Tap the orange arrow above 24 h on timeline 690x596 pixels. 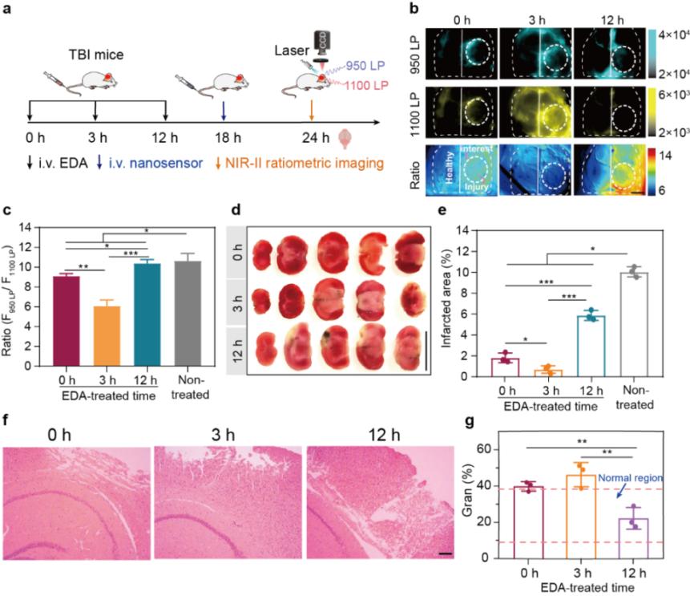[313, 109]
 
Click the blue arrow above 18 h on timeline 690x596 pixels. [224, 109]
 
